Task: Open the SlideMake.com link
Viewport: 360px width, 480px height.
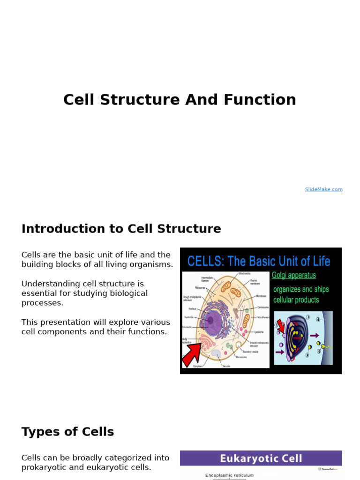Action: [x=323, y=189]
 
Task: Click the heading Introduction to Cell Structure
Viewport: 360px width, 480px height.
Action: [x=121, y=229]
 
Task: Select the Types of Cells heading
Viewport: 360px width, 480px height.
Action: [x=67, y=432]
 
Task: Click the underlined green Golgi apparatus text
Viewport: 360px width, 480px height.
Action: [x=294, y=275]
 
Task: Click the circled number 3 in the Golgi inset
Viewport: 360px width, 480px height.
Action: [x=308, y=317]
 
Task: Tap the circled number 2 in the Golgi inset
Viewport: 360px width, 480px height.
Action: [x=307, y=355]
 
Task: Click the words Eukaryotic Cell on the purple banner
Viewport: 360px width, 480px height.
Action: [x=261, y=458]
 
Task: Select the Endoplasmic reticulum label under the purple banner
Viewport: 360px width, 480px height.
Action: [x=229, y=475]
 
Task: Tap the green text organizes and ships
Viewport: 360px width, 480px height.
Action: [x=300, y=289]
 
